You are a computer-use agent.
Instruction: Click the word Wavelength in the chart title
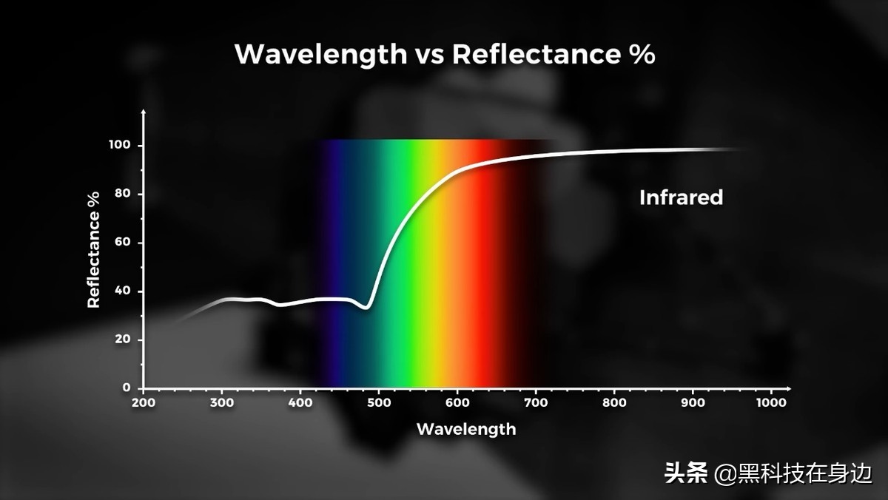pos(320,55)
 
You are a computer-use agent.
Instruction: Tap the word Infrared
pos(681,197)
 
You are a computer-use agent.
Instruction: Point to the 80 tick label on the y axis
pos(122,195)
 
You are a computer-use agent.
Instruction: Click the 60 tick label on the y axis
pos(122,243)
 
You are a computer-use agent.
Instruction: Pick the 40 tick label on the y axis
pos(122,291)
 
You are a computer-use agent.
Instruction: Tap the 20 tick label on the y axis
pos(122,339)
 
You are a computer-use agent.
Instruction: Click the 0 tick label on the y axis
pos(126,388)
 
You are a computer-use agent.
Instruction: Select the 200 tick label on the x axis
pos(144,403)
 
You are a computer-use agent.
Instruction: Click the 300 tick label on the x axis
pos(222,403)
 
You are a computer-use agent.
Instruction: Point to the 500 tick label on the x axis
pos(379,403)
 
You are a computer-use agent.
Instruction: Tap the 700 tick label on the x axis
pos(536,403)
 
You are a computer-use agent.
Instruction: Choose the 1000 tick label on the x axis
pos(771,403)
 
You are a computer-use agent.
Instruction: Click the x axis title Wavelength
pos(466,429)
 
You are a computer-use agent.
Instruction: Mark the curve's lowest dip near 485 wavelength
pos(365,308)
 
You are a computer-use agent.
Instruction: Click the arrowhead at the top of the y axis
pos(144,112)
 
